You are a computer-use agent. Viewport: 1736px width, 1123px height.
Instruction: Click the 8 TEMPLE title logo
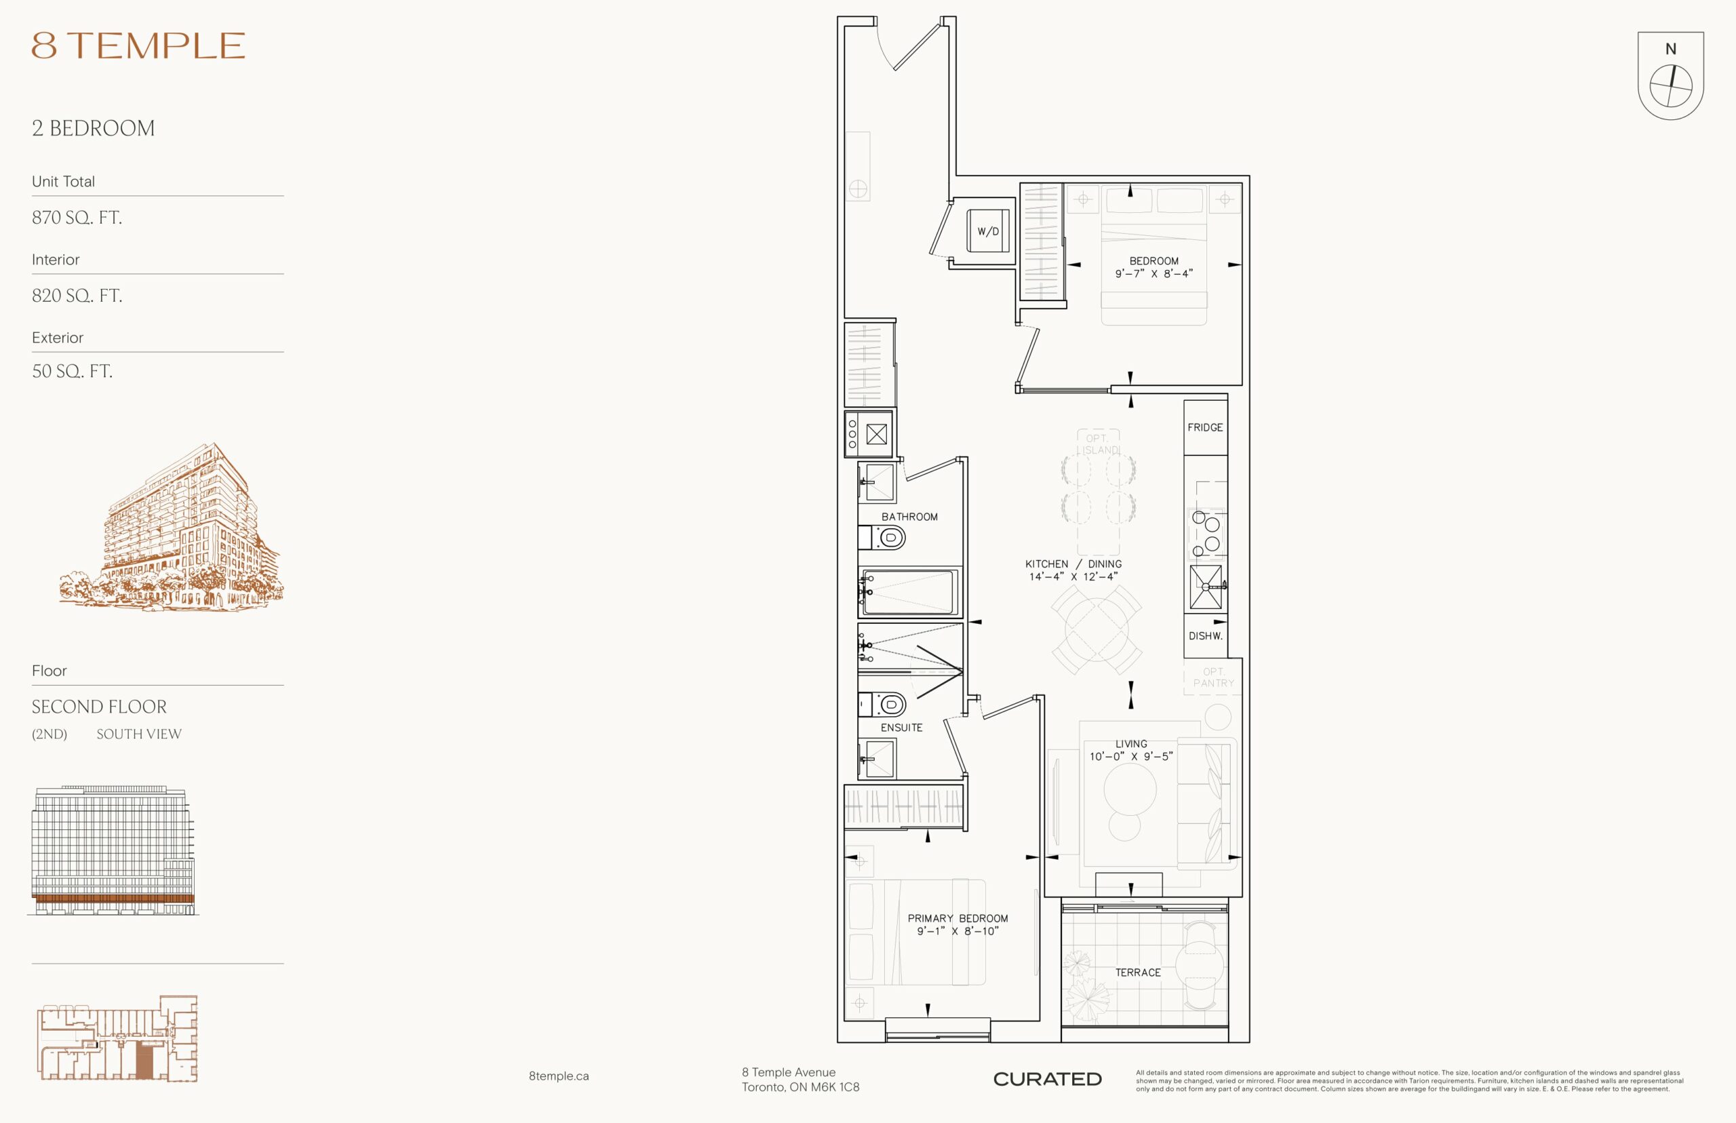138,46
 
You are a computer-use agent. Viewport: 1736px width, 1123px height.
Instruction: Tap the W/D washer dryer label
988,232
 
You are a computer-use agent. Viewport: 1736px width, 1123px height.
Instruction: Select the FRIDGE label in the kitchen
1205,427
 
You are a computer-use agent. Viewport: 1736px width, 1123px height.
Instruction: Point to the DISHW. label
1205,636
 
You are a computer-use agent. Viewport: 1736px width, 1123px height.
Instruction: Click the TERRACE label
1137,972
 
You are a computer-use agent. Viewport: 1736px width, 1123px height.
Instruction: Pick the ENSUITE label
901,728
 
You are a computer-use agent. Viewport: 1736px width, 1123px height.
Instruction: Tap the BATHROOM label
909,517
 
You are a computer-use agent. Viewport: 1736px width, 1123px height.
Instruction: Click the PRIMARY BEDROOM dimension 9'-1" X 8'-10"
958,931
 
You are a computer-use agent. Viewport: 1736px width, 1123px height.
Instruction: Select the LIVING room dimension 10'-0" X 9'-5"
1131,757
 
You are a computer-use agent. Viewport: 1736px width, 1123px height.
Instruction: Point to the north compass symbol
1670,76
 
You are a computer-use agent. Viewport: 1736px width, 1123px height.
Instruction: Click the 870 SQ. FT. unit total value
77,217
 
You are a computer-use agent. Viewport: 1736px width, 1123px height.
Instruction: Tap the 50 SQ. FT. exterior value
71,371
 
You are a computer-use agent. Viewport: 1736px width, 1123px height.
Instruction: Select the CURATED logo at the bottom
1047,1079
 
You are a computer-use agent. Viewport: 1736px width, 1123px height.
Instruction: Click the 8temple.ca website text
559,1076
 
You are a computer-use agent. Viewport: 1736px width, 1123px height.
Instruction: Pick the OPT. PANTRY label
1213,677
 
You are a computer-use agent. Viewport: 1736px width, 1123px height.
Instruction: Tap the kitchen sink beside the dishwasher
1206,587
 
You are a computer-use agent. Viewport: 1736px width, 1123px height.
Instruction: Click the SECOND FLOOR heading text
99,707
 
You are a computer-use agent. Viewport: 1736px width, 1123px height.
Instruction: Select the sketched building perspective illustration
172,526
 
